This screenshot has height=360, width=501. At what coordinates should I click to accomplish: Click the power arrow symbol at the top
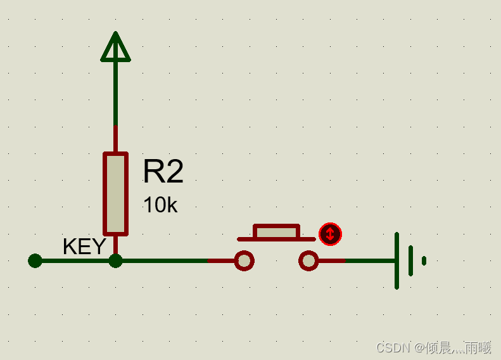coord(115,48)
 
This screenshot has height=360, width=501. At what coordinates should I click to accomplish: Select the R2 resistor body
coord(115,193)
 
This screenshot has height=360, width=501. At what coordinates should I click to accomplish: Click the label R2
coord(163,172)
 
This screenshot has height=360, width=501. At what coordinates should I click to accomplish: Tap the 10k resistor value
coord(160,205)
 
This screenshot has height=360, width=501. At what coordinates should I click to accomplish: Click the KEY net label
coord(84,247)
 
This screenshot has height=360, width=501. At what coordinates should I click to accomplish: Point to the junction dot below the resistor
coord(115,260)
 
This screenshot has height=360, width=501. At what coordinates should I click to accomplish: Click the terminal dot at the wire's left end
coord(35,260)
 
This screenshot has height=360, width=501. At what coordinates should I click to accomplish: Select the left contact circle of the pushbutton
coord(244,260)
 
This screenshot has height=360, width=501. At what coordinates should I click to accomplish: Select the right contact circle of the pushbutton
coord(308,260)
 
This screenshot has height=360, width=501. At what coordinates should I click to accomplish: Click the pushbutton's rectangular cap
coord(276,231)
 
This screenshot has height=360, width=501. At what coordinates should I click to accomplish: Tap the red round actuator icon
coord(330,234)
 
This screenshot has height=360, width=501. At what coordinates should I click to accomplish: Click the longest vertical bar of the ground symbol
coord(396,260)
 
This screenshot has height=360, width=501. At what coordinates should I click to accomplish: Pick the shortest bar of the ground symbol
coord(424,260)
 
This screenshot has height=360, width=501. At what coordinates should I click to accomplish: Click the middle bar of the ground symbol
coord(410,260)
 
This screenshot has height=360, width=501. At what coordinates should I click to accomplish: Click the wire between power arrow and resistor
coord(115,95)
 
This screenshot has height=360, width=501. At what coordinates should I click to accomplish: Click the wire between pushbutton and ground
coord(358,260)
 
